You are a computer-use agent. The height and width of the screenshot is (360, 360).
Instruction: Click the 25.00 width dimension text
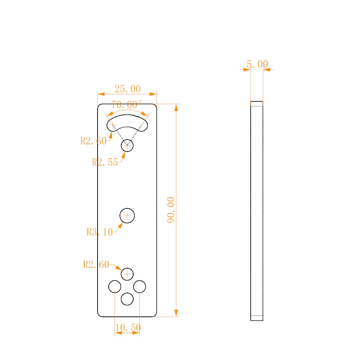(x=128, y=89)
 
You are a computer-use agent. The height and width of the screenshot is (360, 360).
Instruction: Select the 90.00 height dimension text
(x=171, y=210)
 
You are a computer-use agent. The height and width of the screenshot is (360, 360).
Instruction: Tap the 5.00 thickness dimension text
(x=257, y=64)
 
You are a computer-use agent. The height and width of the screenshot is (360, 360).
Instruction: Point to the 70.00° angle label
(x=126, y=105)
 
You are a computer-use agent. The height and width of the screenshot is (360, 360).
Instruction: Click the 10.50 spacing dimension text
(x=128, y=327)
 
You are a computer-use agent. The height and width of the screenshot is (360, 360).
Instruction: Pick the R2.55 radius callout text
(x=105, y=162)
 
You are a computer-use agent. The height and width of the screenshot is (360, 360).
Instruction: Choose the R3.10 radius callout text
(x=100, y=232)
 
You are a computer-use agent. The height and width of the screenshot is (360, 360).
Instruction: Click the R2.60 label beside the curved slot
(x=94, y=141)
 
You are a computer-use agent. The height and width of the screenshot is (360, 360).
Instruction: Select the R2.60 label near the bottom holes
(x=96, y=265)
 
